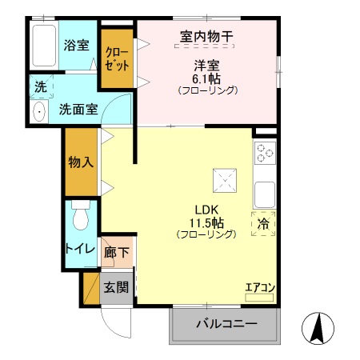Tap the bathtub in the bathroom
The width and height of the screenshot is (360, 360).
pyautogui.click(x=43, y=46)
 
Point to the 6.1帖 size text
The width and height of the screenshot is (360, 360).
pyautogui.click(x=206, y=78)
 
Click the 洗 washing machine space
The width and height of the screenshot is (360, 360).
pyautogui.click(x=39, y=85)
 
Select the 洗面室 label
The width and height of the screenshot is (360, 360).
pyautogui.click(x=78, y=110)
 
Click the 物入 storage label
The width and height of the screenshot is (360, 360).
pyautogui.click(x=82, y=161)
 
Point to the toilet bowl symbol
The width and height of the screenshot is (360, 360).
pyautogui.click(x=80, y=215)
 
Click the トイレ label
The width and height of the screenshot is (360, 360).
pyautogui.click(x=80, y=250)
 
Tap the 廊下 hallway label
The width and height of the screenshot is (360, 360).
pyautogui.click(x=117, y=253)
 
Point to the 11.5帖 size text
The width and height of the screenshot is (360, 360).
pyautogui.click(x=206, y=222)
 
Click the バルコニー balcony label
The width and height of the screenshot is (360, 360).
pyautogui.click(x=226, y=325)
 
